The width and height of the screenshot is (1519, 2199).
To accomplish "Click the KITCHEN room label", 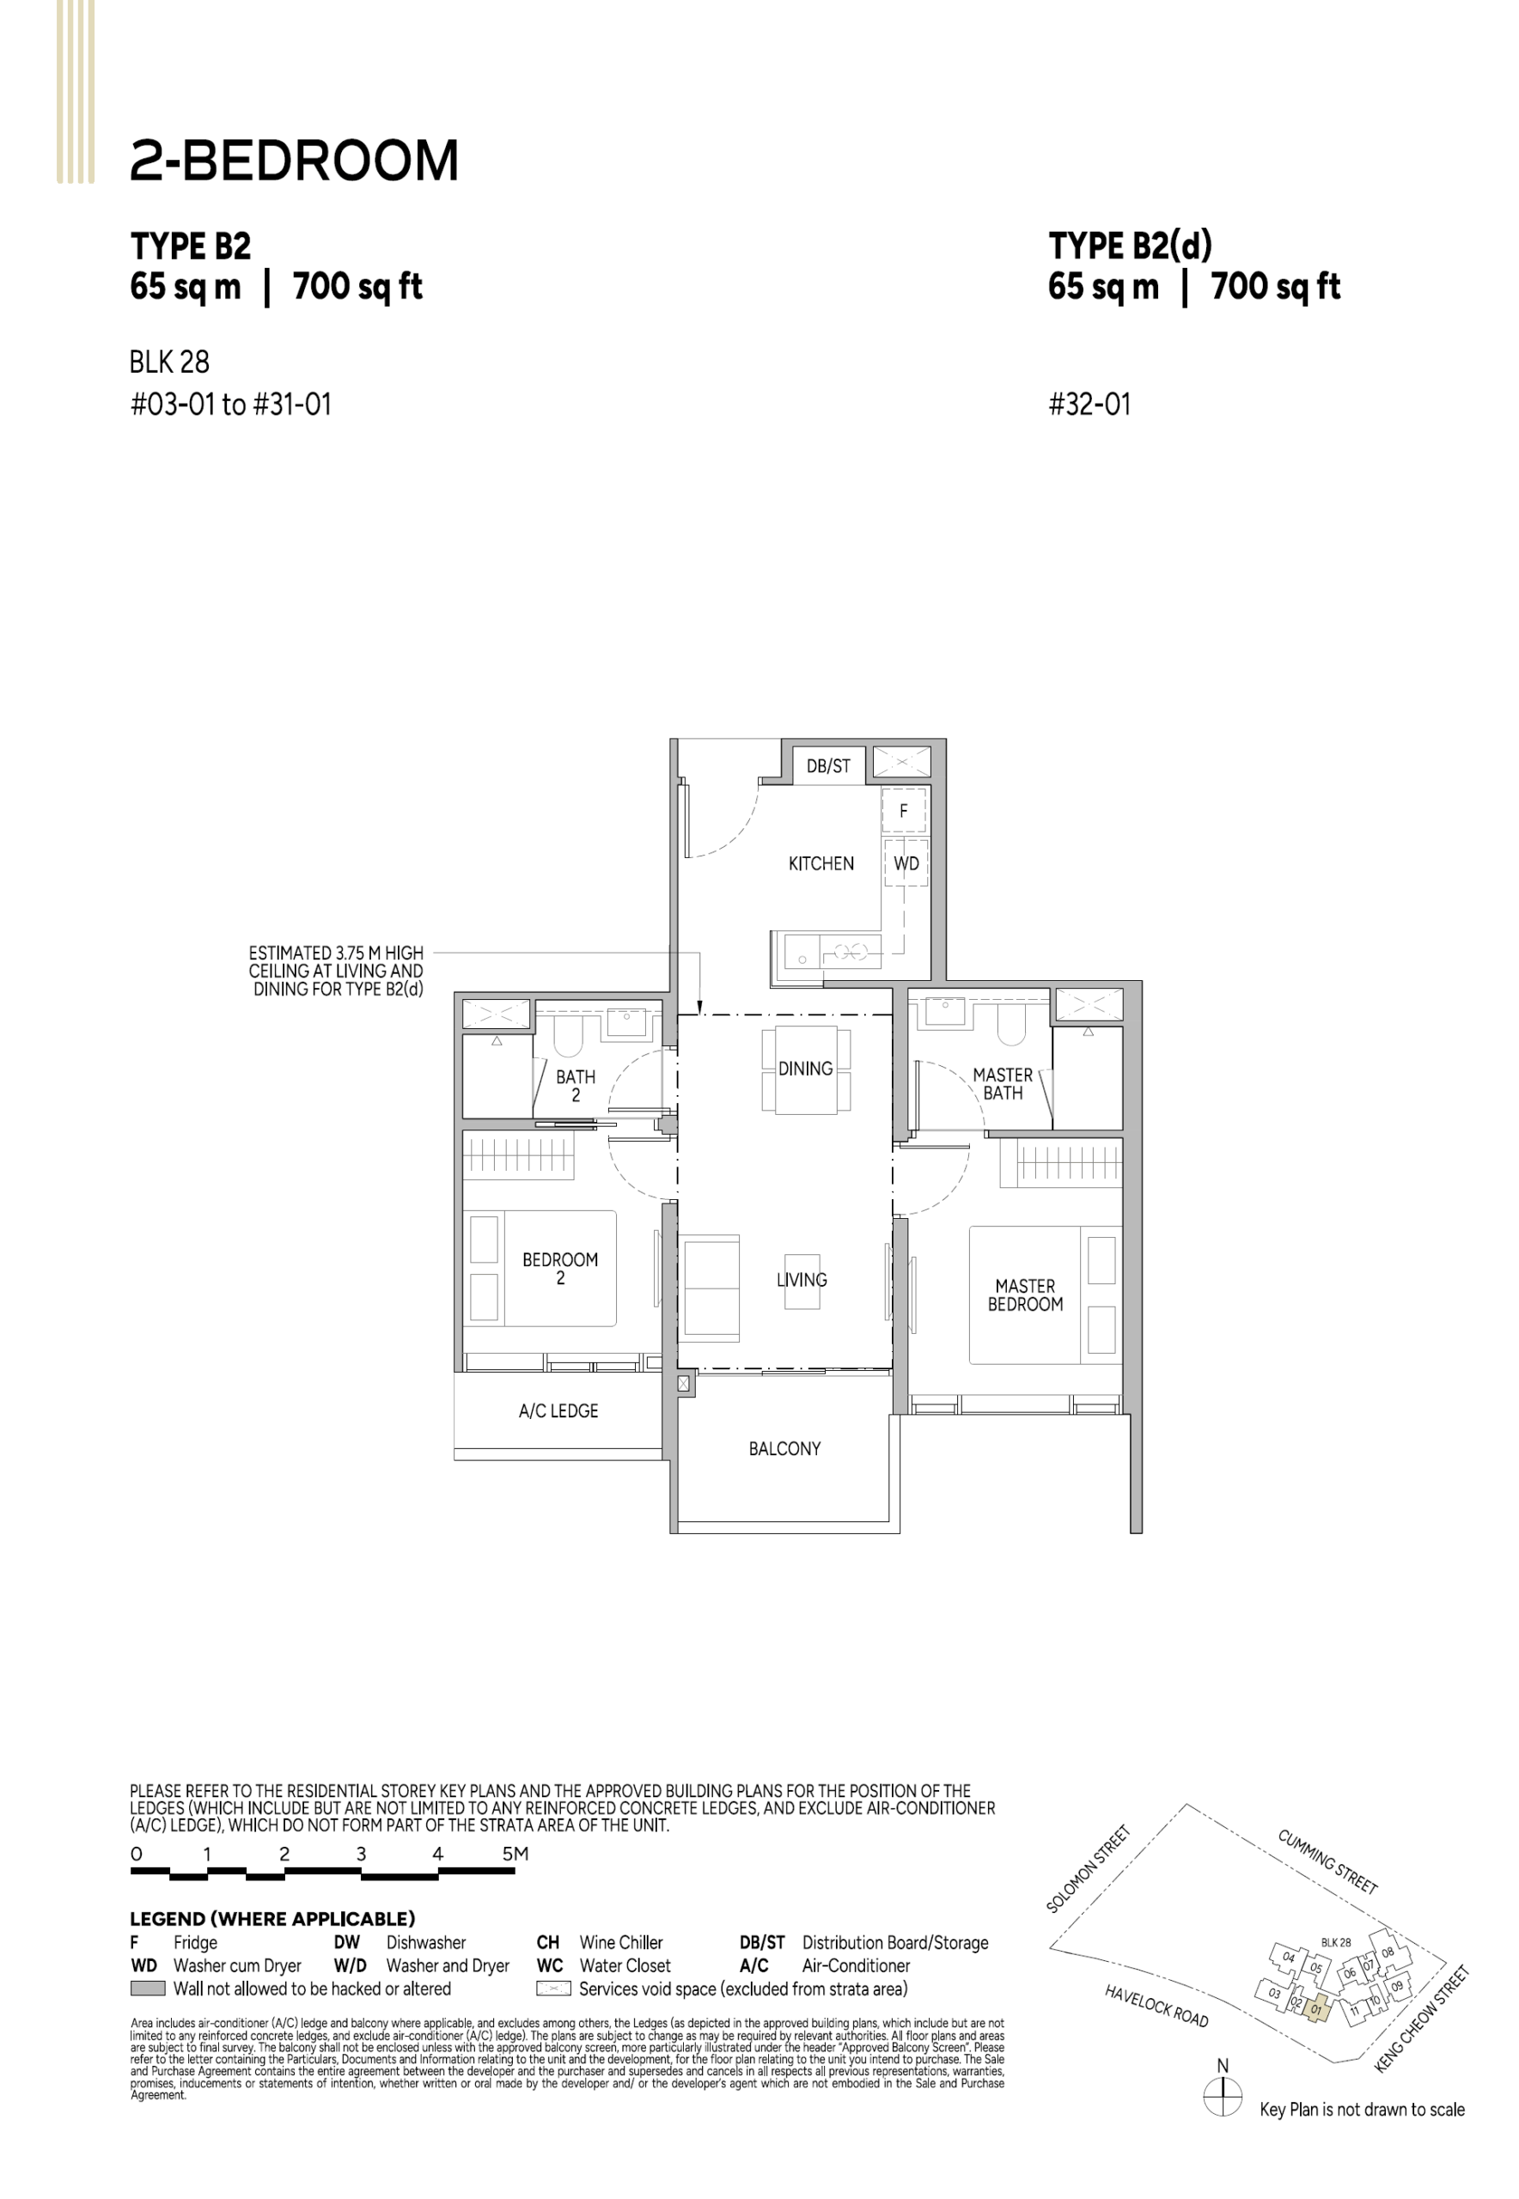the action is coord(821,863).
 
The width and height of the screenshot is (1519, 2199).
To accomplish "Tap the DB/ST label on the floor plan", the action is coord(828,765).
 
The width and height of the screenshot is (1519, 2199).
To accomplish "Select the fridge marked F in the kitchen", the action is coord(903,811).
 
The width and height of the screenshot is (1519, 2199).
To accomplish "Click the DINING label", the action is coord(805,1069).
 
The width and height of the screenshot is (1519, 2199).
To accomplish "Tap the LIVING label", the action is coord(802,1280).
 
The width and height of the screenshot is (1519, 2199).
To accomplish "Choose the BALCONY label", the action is coord(784,1448).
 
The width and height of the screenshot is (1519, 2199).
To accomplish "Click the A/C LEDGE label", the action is coord(558,1410).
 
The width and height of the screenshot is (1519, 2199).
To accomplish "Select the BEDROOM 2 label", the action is coord(559,1269).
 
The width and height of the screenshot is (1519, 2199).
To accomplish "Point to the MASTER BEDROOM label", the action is coord(1025,1294).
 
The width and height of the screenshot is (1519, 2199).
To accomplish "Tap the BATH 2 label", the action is coord(576,1086).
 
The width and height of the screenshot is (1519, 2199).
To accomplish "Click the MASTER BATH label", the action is coord(1004,1084).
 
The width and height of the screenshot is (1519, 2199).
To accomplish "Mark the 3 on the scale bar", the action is coord(361,1854).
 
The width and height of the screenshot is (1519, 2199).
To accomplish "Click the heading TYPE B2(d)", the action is coord(1131,246).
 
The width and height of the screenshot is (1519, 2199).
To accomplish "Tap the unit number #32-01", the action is coord(1089,405).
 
